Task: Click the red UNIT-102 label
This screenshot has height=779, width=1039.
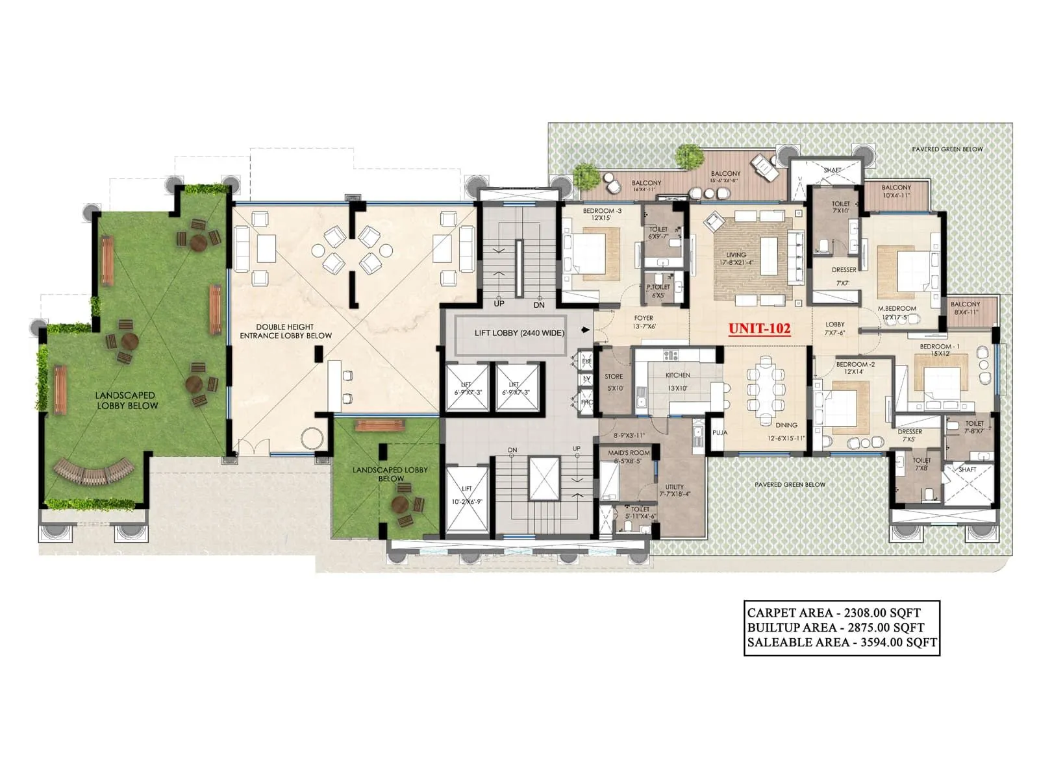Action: point(759,328)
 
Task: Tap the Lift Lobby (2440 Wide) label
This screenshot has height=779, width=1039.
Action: point(519,333)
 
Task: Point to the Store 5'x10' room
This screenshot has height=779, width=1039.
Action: point(614,382)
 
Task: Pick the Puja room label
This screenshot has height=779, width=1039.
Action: point(719,432)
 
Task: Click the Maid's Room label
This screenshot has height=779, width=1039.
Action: point(629,456)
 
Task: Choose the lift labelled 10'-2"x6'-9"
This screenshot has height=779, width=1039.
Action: point(467,497)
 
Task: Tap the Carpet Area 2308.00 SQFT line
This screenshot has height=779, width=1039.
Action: point(834,612)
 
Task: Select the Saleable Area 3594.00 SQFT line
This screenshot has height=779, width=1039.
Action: point(842,642)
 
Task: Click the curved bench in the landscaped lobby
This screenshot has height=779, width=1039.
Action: point(95,472)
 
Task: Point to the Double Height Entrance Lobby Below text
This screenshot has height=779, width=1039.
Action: point(286,331)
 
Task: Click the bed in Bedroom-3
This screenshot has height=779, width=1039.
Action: point(588,253)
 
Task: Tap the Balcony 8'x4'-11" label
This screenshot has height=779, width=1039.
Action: point(965,308)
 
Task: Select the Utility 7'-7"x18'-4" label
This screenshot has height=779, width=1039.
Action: point(674,490)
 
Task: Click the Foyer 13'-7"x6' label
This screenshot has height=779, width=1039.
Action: point(644,322)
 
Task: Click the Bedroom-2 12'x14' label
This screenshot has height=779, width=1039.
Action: point(855,368)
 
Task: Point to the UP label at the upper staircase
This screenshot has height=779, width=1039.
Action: point(499,304)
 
